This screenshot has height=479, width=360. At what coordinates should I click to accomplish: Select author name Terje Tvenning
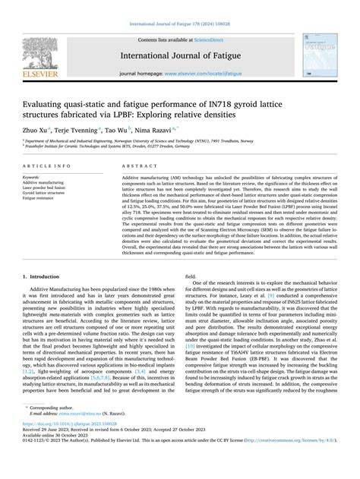(81, 131)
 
